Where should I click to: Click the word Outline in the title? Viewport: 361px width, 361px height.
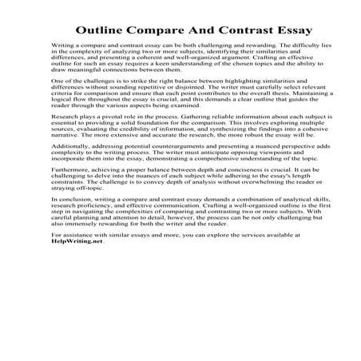103,31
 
